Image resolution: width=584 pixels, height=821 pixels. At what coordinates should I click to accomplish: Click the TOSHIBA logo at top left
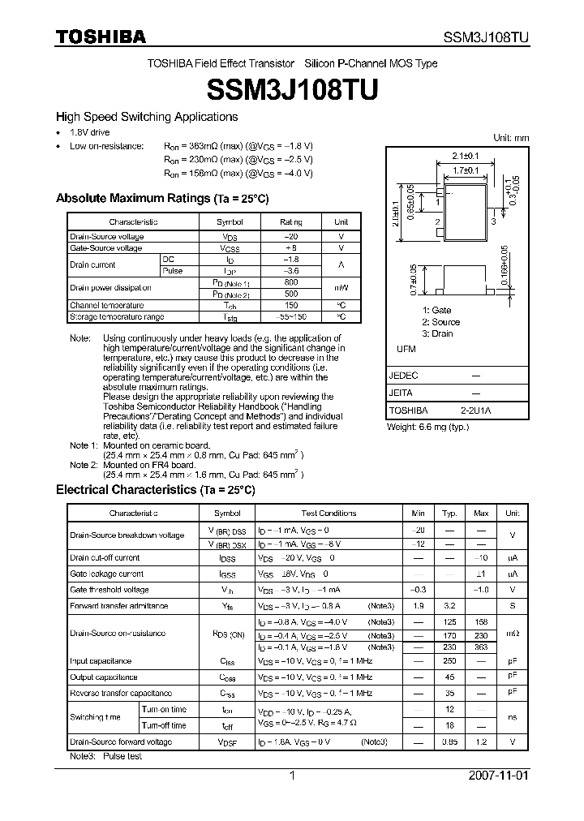(101, 37)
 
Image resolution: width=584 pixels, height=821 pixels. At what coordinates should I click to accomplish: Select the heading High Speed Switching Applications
(146, 117)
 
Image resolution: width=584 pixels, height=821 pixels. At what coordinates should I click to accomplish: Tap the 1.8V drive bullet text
(89, 132)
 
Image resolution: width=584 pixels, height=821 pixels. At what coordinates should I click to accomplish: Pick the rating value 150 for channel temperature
(290, 305)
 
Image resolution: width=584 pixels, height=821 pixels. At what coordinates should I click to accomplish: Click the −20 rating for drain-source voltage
(290, 236)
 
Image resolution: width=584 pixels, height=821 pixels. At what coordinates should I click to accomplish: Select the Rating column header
(290, 221)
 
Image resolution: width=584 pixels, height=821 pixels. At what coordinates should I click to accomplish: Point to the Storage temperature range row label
(117, 316)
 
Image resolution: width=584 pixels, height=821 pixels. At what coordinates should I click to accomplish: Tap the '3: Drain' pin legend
(438, 333)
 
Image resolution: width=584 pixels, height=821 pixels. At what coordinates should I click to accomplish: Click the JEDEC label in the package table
(404, 376)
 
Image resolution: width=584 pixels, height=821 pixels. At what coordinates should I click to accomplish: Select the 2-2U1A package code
(475, 410)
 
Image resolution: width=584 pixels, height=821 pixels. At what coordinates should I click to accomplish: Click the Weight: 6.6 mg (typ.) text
(427, 426)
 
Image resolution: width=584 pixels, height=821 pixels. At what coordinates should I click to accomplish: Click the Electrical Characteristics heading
(155, 490)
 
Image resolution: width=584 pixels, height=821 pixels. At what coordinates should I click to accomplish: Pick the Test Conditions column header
(328, 513)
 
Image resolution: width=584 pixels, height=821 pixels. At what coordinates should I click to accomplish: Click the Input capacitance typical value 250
(449, 661)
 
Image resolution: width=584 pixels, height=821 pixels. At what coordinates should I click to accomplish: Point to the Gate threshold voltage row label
(109, 590)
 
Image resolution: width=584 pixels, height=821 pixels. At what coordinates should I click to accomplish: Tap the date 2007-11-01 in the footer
(498, 776)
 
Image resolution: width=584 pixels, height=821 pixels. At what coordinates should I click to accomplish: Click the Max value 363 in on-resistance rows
(481, 647)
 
